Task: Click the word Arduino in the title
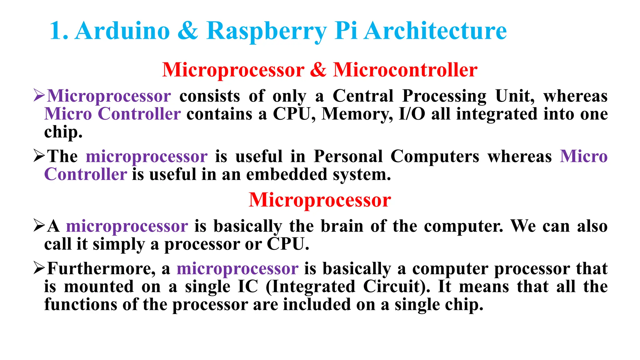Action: (122, 31)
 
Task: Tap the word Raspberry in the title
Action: (267, 31)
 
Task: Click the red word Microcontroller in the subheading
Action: (405, 70)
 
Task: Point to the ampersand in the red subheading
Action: (318, 70)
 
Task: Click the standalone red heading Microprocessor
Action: (320, 200)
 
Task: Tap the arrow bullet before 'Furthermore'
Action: (39, 268)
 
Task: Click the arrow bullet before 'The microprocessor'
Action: (39, 156)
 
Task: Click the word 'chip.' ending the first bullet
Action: (63, 132)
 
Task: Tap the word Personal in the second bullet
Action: (348, 156)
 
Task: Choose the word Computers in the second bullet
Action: (435, 156)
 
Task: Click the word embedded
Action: (287, 174)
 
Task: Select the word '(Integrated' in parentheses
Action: (310, 287)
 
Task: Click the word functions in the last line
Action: (81, 304)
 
